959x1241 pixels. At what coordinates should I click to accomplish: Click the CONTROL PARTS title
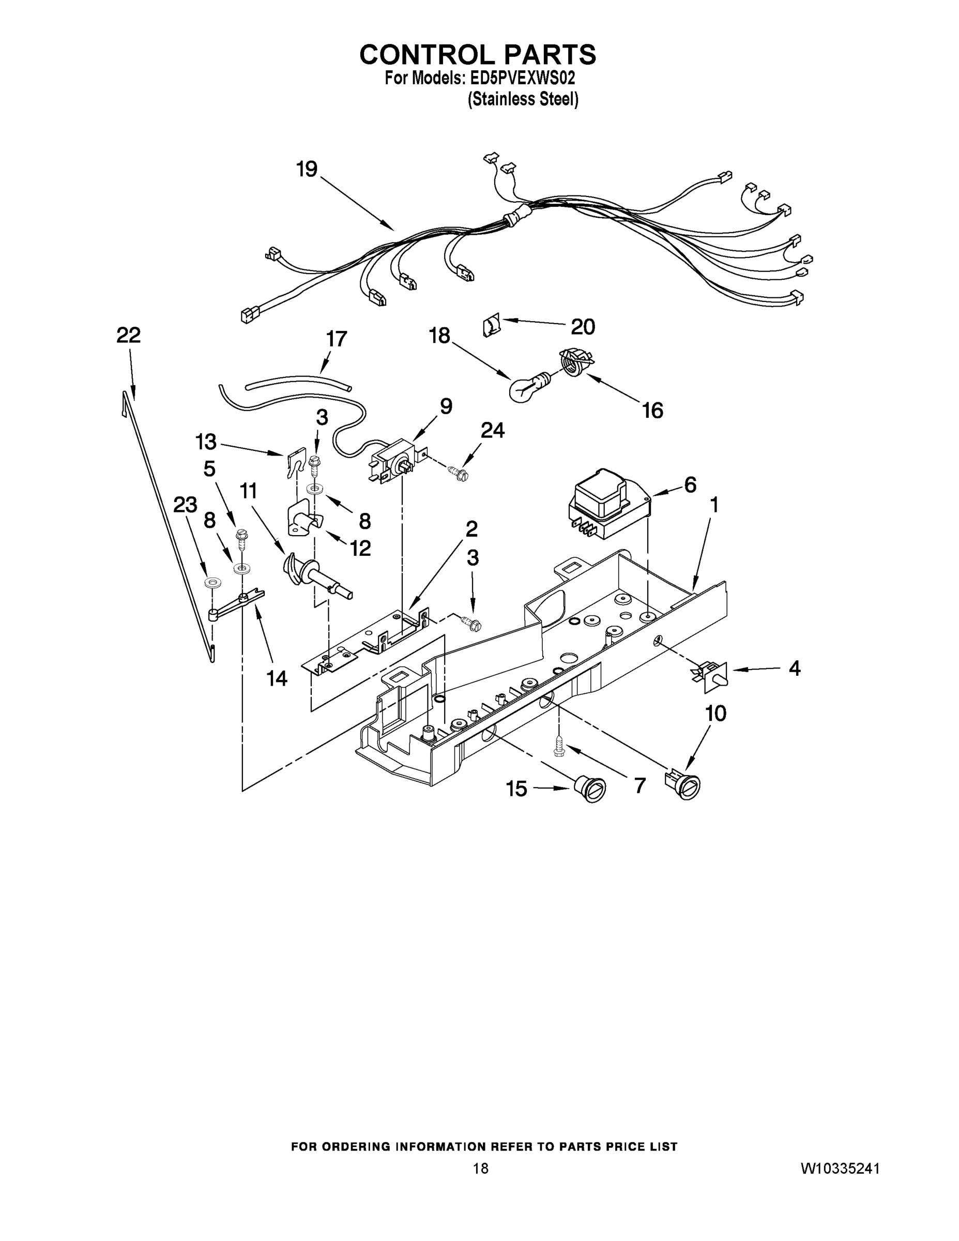tap(478, 54)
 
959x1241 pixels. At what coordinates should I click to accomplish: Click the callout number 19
tap(307, 169)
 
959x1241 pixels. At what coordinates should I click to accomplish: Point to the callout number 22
tap(128, 335)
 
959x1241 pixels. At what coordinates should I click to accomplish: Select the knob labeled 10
tap(683, 785)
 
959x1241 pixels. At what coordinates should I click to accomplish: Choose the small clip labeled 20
tap(491, 327)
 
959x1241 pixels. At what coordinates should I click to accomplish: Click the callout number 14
tap(277, 677)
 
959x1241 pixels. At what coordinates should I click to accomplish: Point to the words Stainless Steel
tap(523, 99)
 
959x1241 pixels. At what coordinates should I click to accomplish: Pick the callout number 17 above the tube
tap(337, 339)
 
